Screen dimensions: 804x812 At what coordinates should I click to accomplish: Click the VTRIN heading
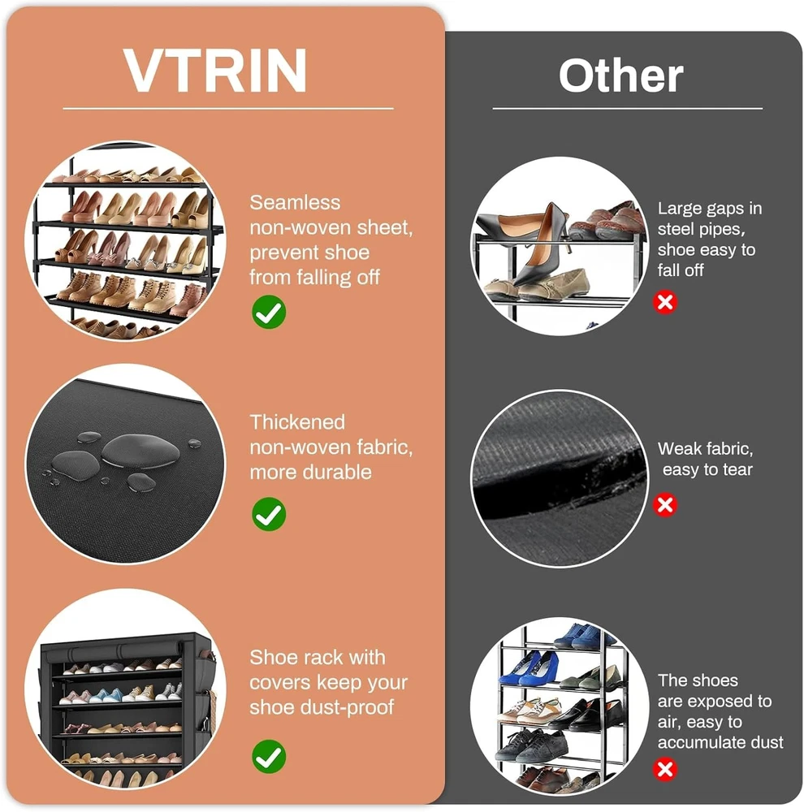tap(215, 71)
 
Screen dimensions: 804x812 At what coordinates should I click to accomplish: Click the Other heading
tap(620, 76)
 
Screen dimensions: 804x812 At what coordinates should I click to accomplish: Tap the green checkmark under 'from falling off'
tap(269, 312)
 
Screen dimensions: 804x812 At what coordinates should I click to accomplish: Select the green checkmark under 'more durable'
tap(269, 514)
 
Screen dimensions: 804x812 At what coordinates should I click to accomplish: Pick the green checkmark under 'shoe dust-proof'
tap(269, 757)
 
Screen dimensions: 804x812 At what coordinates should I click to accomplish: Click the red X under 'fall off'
tap(665, 302)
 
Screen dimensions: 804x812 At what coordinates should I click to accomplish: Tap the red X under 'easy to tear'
tap(665, 505)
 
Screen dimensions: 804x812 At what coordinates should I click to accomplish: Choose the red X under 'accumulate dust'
tap(665, 770)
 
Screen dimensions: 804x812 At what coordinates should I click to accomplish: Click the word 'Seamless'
tap(295, 202)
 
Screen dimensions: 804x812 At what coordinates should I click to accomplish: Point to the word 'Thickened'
tap(297, 422)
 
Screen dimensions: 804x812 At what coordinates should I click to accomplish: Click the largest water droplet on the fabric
tap(140, 450)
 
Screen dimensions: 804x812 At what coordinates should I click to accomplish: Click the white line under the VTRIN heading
tap(228, 109)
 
